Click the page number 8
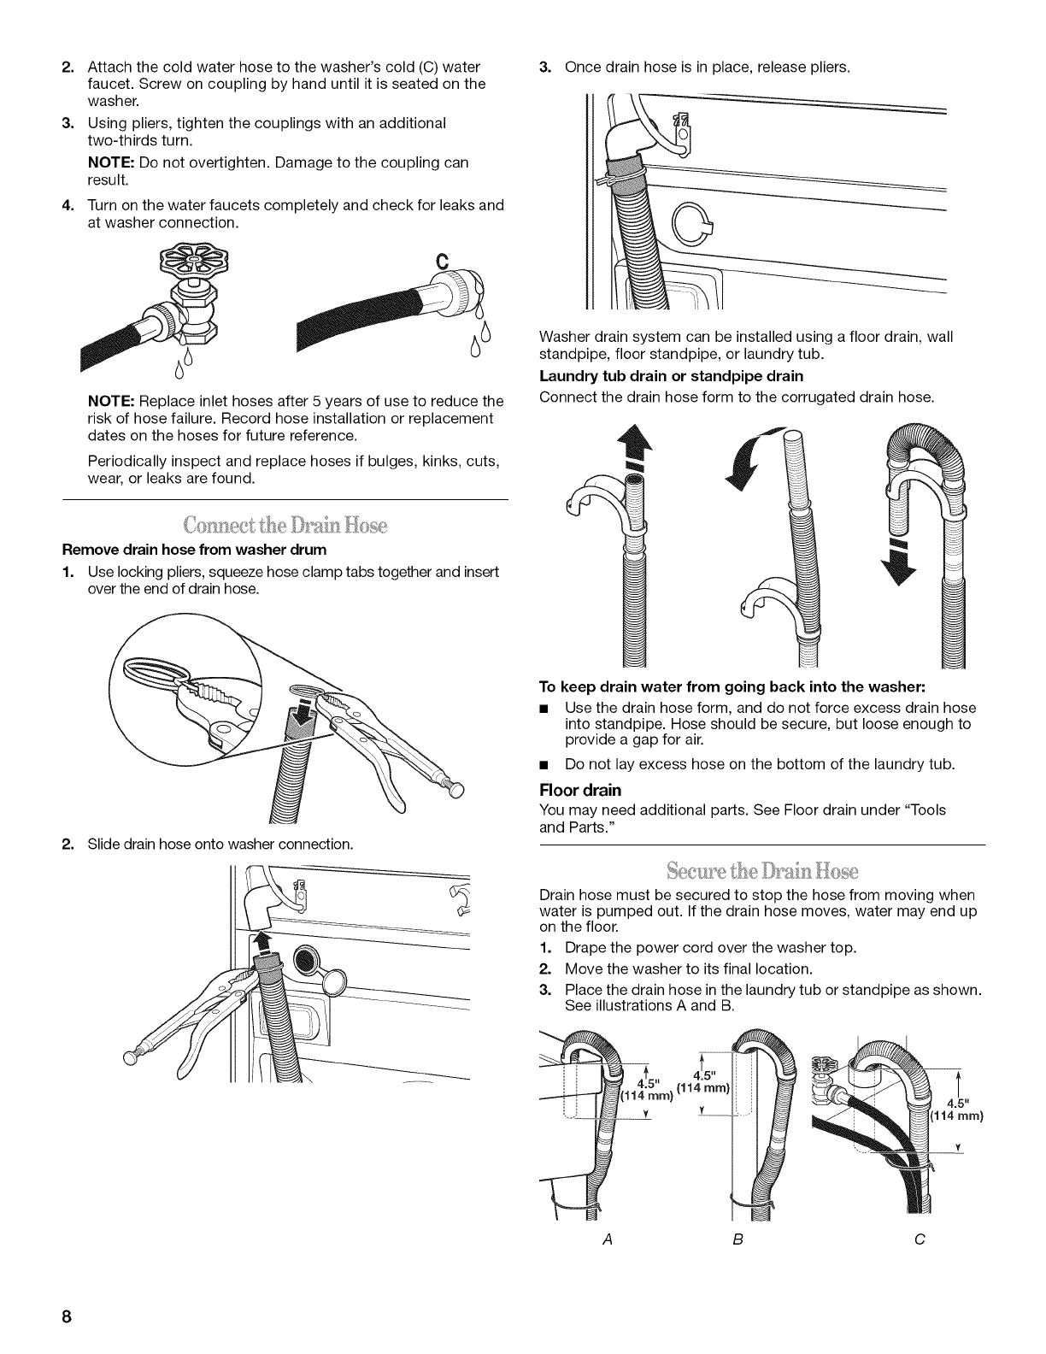tap(65, 1316)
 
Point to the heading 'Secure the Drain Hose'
tap(762, 872)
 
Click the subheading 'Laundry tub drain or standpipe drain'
tap(672, 376)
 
